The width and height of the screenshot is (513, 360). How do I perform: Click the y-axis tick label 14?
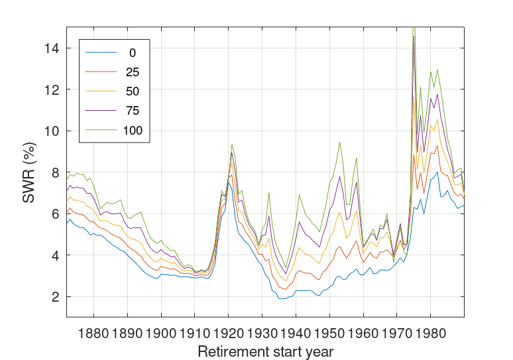click(x=51, y=48)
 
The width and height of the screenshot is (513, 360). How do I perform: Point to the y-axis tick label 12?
click(x=51, y=90)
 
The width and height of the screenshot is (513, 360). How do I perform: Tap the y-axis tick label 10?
click(x=51, y=131)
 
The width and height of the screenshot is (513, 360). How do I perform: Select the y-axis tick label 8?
click(x=54, y=172)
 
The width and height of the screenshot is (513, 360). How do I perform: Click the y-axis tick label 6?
click(x=54, y=214)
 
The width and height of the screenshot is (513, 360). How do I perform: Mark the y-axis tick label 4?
click(x=54, y=255)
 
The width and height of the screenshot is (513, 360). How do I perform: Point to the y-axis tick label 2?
click(x=54, y=297)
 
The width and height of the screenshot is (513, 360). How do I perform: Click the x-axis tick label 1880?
click(x=94, y=330)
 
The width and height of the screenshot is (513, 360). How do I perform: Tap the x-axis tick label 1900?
click(x=161, y=330)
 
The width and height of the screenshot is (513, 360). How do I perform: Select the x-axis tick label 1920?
click(x=229, y=330)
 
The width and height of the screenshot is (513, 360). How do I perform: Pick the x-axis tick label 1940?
click(x=296, y=330)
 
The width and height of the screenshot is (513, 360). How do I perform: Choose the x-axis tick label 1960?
click(x=363, y=330)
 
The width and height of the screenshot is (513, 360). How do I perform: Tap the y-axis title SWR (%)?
click(x=29, y=172)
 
